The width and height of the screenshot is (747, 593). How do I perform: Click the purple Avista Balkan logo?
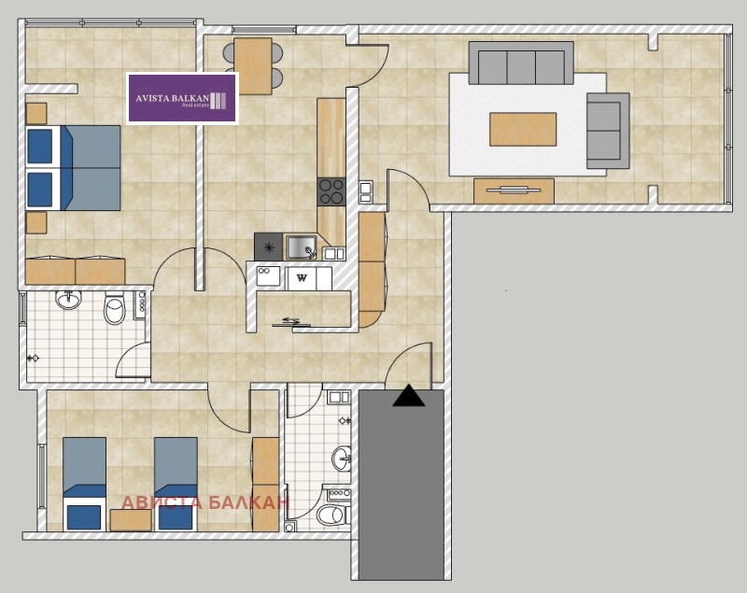pos(182,98)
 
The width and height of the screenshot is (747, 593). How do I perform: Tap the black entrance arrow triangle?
pos(408,396)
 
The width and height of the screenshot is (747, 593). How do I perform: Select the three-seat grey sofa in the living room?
pos(521,63)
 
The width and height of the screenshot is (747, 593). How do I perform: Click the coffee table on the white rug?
pos(523,129)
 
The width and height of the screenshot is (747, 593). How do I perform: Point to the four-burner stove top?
pos(331,191)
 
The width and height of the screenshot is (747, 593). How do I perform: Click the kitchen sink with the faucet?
pos(301,247)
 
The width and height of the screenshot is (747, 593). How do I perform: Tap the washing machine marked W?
pos(301,278)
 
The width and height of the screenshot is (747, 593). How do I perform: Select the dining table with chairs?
pos(253,65)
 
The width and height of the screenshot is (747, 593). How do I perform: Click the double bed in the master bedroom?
pos(73,168)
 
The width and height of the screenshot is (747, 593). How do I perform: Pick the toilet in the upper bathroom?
pos(114,308)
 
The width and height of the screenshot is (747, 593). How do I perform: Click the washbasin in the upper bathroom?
pos(68,300)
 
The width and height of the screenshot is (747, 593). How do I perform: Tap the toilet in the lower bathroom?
pos(332,515)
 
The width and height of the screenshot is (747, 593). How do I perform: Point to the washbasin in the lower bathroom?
pos(341,459)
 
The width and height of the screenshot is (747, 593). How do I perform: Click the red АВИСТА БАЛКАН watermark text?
pos(205,502)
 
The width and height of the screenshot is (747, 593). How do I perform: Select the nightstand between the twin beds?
pos(131,520)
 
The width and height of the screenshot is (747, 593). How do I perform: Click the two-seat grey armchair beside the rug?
pos(608,131)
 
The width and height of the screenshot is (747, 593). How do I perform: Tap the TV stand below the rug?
pos(514,191)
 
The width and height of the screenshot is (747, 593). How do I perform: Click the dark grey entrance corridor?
pos(402,485)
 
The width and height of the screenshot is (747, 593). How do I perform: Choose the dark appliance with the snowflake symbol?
pos(269,247)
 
